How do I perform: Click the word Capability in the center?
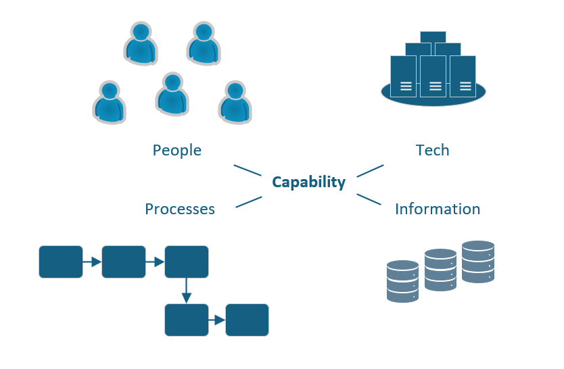click(x=308, y=182)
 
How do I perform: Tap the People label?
click(x=177, y=149)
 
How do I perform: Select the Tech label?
click(x=432, y=149)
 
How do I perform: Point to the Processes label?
click(x=180, y=209)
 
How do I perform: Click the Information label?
click(x=438, y=209)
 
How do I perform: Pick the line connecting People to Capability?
click(x=248, y=170)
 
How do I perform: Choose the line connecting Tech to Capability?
click(x=370, y=170)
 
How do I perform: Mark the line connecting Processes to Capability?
click(x=248, y=201)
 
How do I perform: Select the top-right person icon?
click(x=204, y=43)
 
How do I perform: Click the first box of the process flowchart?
click(x=61, y=262)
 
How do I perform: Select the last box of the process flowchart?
click(x=247, y=320)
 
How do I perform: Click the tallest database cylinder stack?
click(x=478, y=262)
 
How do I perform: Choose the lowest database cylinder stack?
click(x=402, y=281)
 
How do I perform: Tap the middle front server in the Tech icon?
click(x=435, y=80)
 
